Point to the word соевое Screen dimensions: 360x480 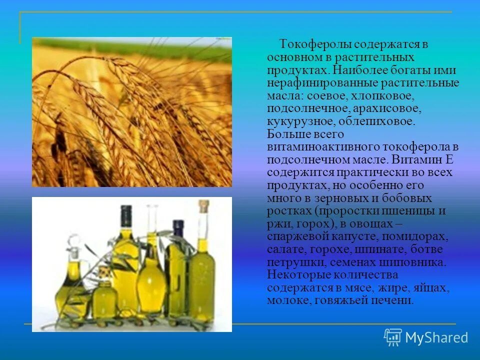pyautogui.click(x=327, y=95)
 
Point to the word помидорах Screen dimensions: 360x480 pyautogui.click(x=424, y=236)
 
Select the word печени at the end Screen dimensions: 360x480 pyautogui.click(x=398, y=300)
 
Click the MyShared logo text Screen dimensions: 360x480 pyautogui.click(x=436, y=338)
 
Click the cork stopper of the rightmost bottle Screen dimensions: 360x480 pyautogui.click(x=203, y=205)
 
